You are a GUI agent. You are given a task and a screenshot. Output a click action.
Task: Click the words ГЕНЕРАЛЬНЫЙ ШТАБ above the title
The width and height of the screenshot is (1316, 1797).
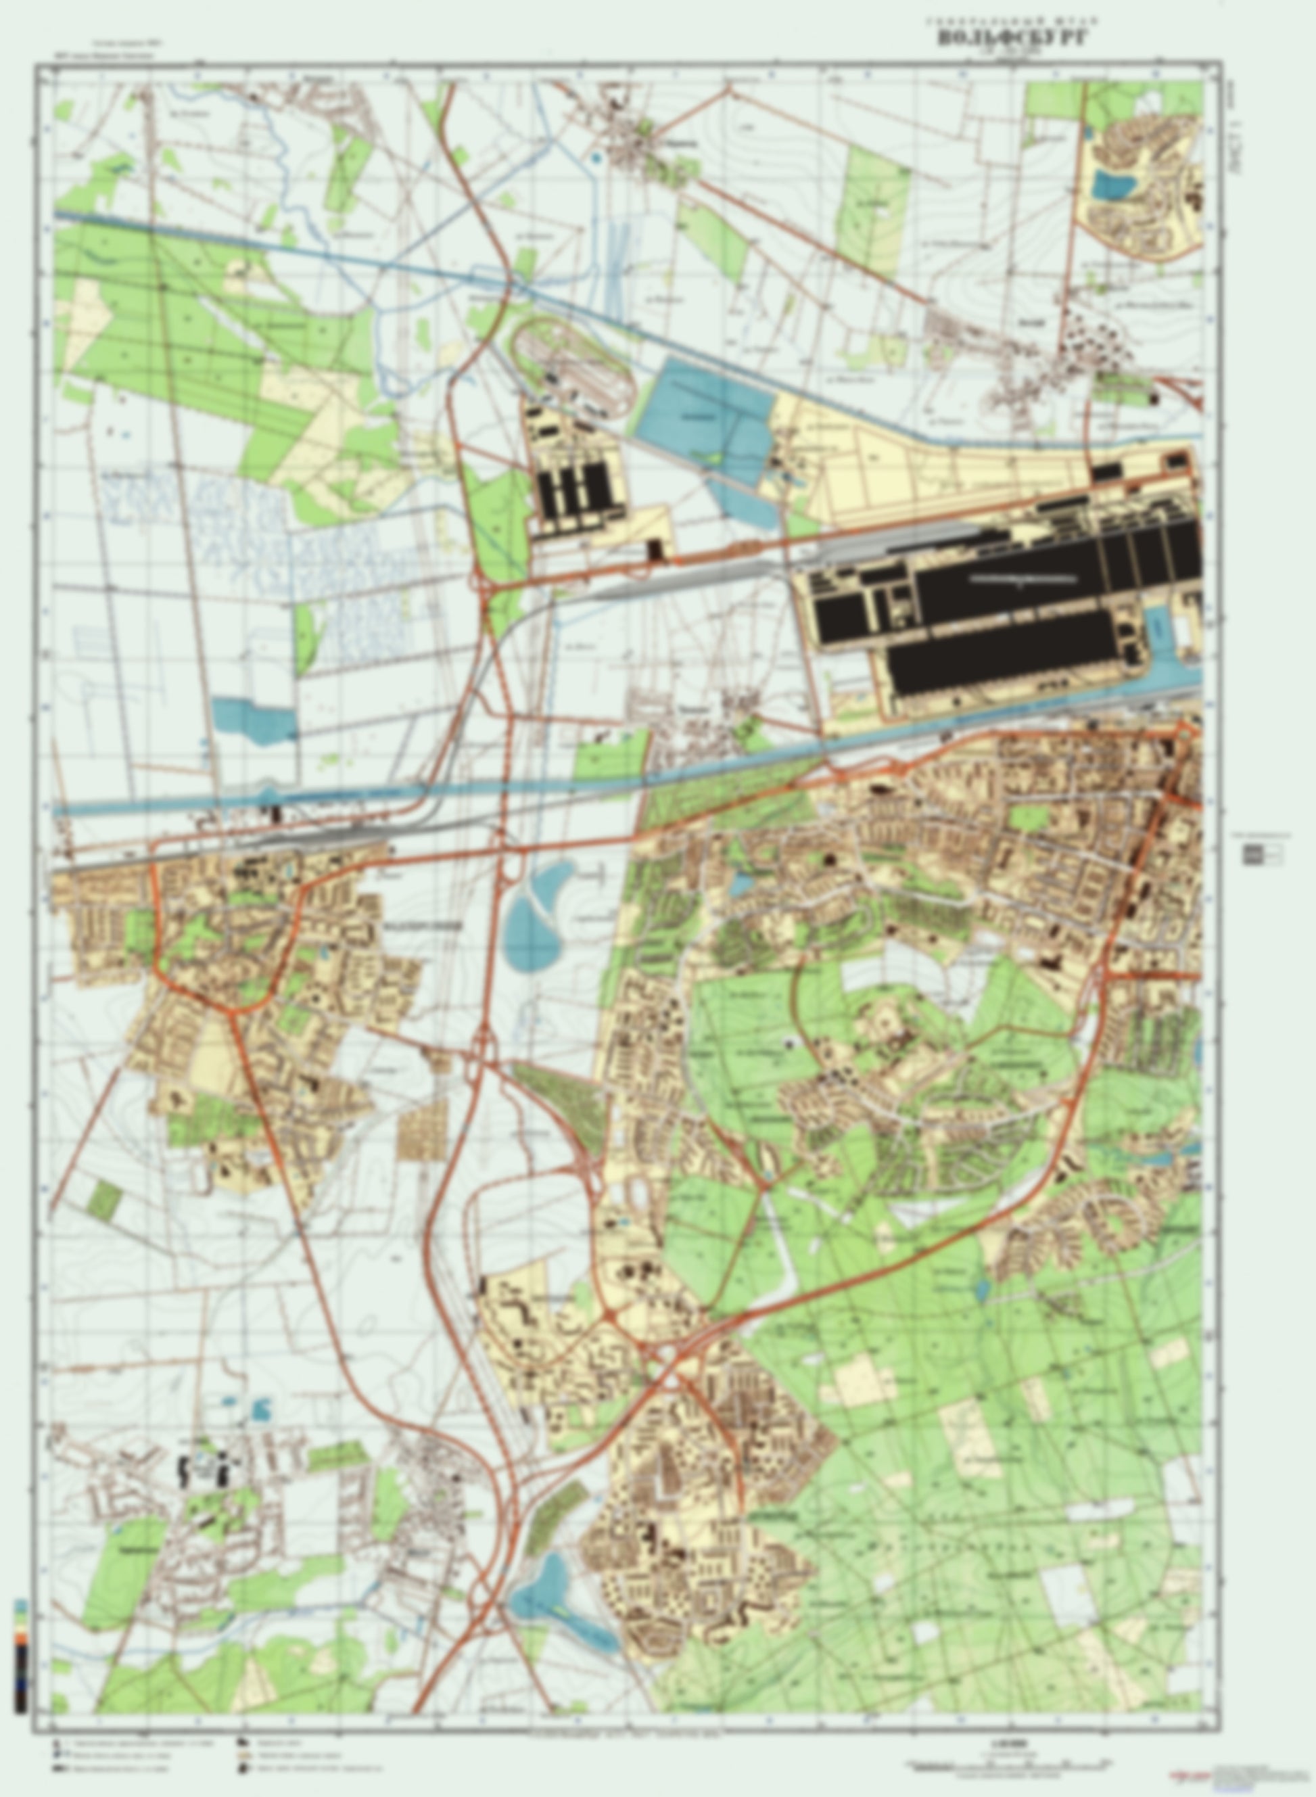pyautogui.click(x=1011, y=22)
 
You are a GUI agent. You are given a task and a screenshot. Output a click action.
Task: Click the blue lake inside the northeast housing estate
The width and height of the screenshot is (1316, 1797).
pyautogui.click(x=1114, y=185)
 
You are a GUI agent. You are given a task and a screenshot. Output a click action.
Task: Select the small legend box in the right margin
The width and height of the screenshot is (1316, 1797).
pyautogui.click(x=1262, y=855)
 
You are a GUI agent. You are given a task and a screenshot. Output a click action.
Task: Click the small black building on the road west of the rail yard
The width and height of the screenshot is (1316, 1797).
pyautogui.click(x=657, y=550)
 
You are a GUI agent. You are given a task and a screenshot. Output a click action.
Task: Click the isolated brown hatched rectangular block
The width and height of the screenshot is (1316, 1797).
pyautogui.click(x=422, y=1131)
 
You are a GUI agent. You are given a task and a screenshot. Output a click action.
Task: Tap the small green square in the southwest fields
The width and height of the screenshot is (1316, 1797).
pyautogui.click(x=103, y=1200)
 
